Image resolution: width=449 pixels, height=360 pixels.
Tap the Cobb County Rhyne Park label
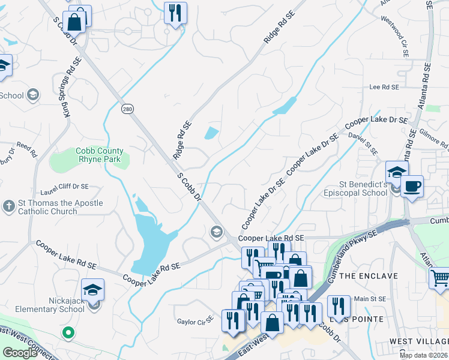100,155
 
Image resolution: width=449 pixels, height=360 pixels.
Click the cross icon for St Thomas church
8,206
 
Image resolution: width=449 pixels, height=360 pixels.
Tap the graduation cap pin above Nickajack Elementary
93,290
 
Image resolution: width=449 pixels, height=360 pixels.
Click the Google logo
20,353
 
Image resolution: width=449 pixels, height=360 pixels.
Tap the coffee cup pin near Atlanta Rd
412,187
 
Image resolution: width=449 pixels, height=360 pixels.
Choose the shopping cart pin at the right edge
440,278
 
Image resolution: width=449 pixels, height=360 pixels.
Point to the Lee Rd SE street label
384,87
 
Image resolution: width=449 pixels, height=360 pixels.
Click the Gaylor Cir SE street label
195,322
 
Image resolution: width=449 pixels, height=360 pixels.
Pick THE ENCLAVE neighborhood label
369,276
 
